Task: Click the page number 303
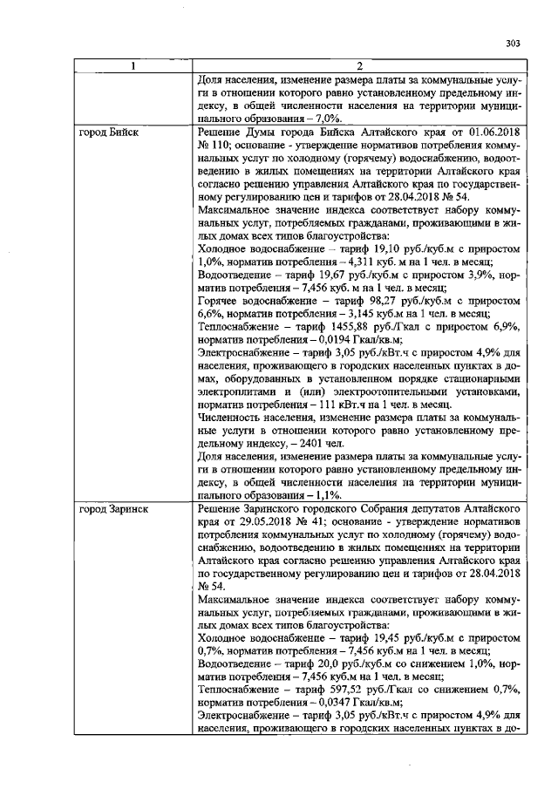tap(513, 46)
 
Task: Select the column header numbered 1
tap(133, 66)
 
